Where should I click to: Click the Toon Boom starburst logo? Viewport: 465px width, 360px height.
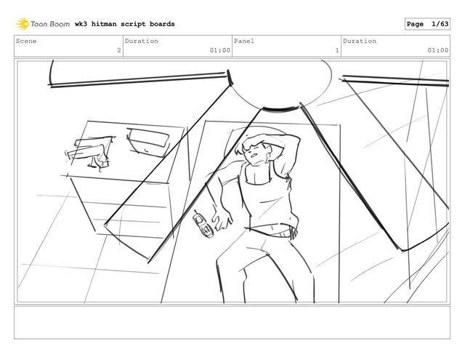23,24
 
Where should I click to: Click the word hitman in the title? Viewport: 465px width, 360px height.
104,24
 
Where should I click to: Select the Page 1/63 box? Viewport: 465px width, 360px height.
427,24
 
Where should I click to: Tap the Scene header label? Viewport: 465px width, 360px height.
26,41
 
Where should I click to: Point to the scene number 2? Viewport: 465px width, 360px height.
119,50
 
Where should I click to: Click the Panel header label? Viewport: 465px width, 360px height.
244,41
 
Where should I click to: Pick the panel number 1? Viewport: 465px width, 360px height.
337,50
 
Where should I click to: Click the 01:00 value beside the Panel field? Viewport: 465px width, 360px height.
437,50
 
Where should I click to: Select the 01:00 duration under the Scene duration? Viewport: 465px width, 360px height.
219,50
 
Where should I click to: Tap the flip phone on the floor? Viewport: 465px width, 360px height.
203,224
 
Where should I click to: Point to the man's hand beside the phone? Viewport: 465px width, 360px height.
222,219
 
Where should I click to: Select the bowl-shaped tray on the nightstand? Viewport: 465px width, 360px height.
147,142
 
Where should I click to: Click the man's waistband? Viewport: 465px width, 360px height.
271,231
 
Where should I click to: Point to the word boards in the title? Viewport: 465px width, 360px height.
162,24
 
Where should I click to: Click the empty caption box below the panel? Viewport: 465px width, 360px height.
232,322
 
